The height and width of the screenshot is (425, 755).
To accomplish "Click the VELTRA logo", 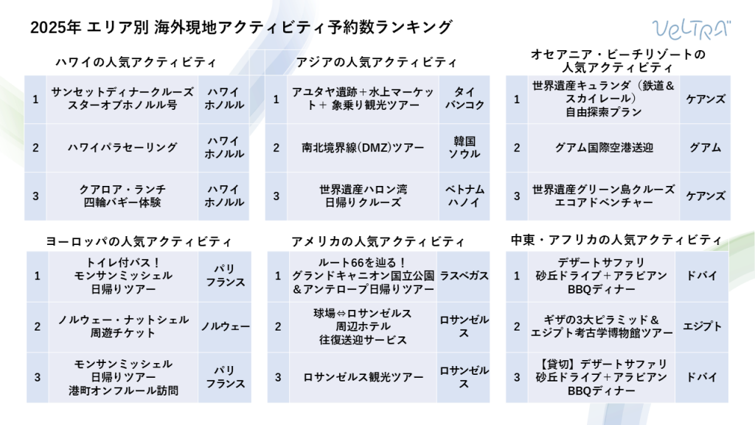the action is (692, 30).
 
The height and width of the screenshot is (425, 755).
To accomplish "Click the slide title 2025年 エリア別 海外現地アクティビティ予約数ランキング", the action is (241, 27).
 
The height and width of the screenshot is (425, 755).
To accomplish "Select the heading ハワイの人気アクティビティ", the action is (136, 62).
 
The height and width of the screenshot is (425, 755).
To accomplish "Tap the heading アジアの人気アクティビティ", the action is (376, 62).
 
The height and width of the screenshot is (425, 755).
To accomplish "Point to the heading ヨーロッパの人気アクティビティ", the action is (139, 241).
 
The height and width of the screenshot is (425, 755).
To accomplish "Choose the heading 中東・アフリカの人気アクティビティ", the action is (616, 240).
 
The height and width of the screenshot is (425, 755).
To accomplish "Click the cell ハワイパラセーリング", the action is (122, 148).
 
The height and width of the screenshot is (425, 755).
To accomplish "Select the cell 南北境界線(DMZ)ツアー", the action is (363, 148).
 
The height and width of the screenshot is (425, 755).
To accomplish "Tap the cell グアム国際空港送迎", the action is (604, 148).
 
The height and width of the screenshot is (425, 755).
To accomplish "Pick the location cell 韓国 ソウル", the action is (465, 148).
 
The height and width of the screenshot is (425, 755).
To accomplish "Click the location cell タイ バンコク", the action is (465, 99).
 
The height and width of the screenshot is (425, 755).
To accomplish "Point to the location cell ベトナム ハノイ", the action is (465, 196).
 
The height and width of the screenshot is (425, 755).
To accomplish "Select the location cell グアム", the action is (705, 148).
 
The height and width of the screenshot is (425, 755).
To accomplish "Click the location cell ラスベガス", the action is (464, 276).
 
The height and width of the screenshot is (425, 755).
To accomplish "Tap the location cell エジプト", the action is (702, 326).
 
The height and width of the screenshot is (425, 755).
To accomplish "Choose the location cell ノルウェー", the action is (225, 326).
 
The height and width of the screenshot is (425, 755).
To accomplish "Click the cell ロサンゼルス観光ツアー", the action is (363, 377).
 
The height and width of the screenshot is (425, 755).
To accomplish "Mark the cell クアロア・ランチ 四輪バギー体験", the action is (122, 196).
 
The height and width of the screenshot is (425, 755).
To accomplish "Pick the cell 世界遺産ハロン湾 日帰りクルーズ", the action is (363, 196).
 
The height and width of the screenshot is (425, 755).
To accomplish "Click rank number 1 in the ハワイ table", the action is (35, 100).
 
